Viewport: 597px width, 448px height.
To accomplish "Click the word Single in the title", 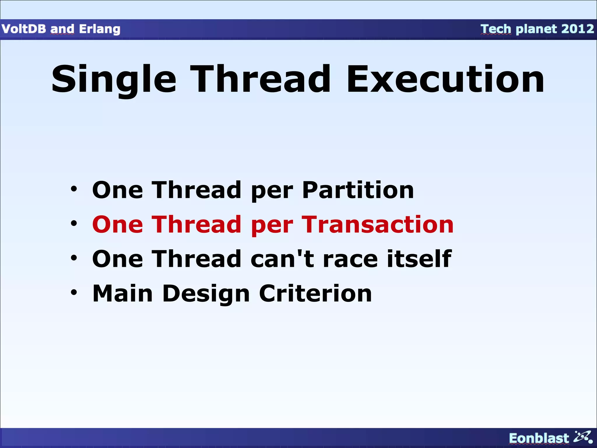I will point(114,79).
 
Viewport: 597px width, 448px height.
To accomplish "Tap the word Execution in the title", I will point(445,79).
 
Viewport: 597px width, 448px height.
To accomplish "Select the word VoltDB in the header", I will point(24,29).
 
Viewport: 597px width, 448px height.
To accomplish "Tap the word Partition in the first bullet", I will point(358,190).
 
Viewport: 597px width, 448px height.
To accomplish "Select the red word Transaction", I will point(377,225).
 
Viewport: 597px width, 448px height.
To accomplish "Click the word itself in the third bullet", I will point(419,259).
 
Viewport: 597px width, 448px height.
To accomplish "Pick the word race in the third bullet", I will point(350,259).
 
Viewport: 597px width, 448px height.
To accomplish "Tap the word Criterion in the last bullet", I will point(315,293).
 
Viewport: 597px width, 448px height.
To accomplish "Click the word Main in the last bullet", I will point(122,293).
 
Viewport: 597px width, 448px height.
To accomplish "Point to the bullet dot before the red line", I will point(74,224).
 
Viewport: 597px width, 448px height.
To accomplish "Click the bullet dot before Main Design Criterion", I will point(74,292).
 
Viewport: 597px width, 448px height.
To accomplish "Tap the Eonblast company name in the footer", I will point(539,438).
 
